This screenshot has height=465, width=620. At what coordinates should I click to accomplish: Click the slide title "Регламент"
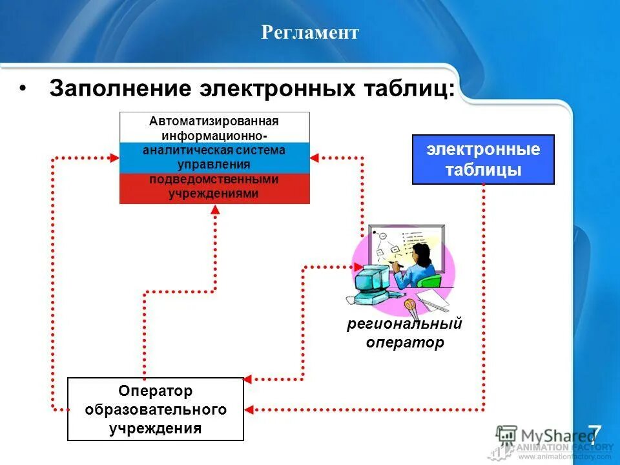click(309, 32)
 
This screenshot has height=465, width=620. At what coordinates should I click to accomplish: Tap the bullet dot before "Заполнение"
click(23, 88)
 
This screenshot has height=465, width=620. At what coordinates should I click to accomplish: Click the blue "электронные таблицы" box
click(483, 160)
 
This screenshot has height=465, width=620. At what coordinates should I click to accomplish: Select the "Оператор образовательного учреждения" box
click(156, 409)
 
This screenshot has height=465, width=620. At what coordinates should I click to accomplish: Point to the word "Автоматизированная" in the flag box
click(214, 121)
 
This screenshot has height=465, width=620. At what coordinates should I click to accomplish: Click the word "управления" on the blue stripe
click(214, 165)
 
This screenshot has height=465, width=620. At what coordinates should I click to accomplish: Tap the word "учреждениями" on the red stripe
click(214, 193)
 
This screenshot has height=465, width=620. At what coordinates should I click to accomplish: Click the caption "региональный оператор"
click(405, 333)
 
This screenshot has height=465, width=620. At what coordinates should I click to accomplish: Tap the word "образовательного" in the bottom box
click(156, 409)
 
